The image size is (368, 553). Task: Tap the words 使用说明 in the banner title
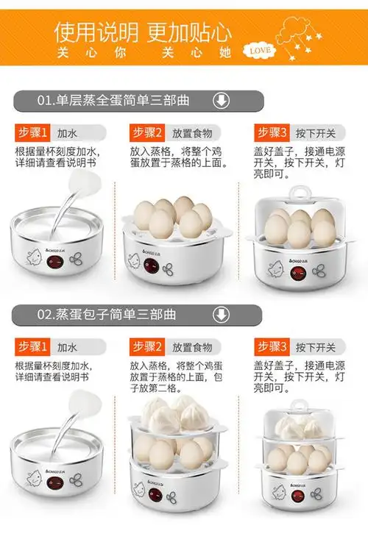tap(96, 32)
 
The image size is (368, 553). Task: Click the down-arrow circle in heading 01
tap(220, 101)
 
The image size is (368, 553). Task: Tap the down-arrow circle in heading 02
tap(220, 315)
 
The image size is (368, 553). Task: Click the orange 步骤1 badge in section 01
tap(32, 133)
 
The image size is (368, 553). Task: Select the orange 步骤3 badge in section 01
tap(273, 133)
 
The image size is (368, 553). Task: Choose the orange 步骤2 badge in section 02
tap(148, 346)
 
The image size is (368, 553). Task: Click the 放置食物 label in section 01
tap(192, 134)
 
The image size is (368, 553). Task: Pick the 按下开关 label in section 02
tap(316, 347)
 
